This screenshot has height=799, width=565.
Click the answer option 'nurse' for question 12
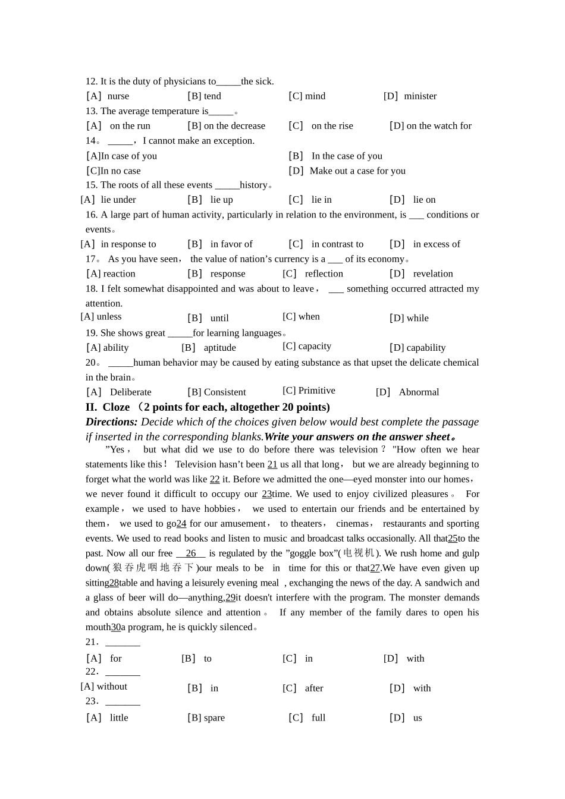(x=118, y=96)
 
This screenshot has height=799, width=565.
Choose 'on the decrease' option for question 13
(x=234, y=126)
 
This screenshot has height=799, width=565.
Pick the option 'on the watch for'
(x=439, y=126)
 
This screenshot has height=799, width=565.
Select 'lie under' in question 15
(x=118, y=200)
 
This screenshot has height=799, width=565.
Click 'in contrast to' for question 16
(x=337, y=244)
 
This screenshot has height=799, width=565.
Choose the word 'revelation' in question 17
(x=433, y=274)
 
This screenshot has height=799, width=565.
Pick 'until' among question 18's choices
(x=219, y=319)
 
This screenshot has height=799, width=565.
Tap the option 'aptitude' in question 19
(x=219, y=348)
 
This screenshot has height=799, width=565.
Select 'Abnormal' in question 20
(x=419, y=392)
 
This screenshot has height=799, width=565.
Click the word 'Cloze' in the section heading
(x=116, y=407)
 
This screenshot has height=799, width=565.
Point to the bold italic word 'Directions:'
(x=111, y=422)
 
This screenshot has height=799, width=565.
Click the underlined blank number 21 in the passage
(x=272, y=465)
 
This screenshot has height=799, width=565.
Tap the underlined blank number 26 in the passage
(x=191, y=553)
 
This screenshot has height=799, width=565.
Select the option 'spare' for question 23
(x=214, y=718)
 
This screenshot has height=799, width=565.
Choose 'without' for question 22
(x=112, y=687)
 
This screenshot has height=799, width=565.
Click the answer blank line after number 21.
(x=123, y=643)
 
